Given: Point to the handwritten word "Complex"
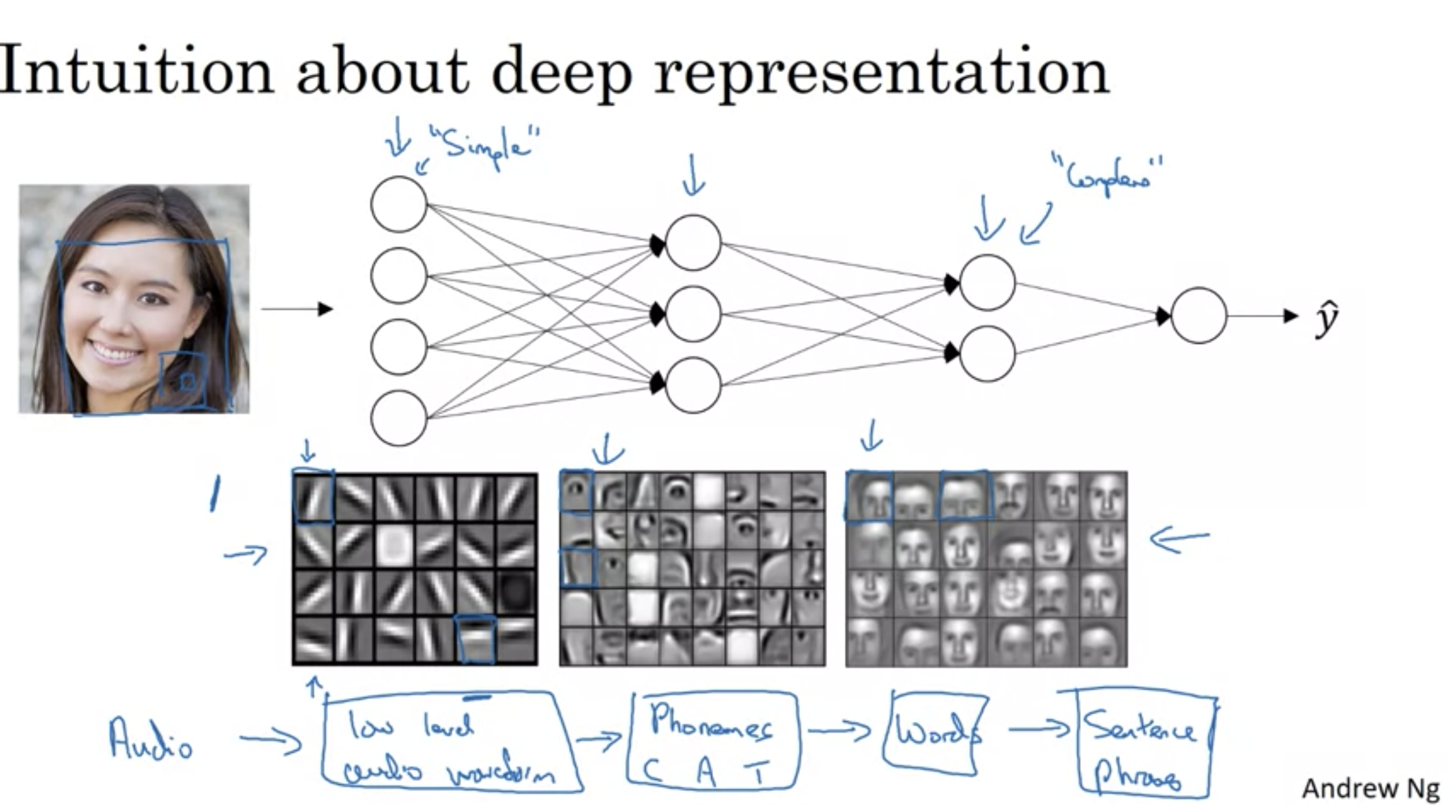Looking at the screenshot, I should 1106,176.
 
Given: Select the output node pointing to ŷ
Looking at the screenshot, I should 1199,315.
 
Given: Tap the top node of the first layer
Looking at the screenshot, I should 398,204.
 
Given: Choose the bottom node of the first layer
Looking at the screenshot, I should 398,418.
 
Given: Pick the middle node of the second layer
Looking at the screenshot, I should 693,314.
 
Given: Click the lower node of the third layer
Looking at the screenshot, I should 987,353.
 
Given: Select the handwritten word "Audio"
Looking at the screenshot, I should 150,739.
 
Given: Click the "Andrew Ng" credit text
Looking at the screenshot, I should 1370,788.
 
